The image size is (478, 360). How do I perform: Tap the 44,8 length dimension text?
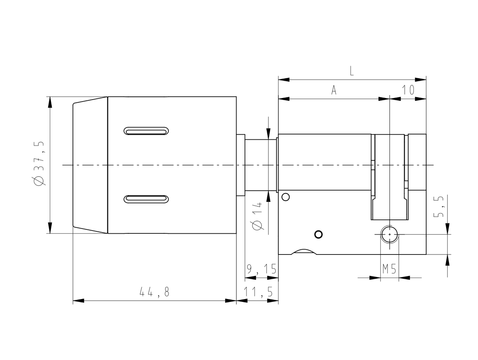(x=154, y=292)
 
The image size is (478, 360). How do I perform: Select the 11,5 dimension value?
(x=258, y=292)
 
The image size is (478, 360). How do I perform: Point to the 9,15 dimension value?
(x=262, y=269)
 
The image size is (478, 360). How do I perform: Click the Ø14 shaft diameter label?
(x=257, y=216)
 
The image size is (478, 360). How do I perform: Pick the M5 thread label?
(x=389, y=269)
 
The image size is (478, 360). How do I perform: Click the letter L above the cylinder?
(x=351, y=71)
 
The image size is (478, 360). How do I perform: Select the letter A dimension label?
(x=334, y=90)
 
